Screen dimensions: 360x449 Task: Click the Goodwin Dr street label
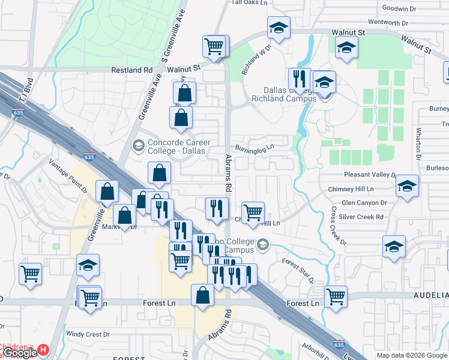tap(399, 9)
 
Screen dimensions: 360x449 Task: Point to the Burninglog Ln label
tap(254, 147)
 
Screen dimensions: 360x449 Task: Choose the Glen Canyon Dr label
tap(363, 203)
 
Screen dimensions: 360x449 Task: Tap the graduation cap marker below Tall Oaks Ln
tap(278, 28)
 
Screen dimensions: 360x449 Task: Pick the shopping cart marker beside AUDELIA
tap(336, 296)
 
